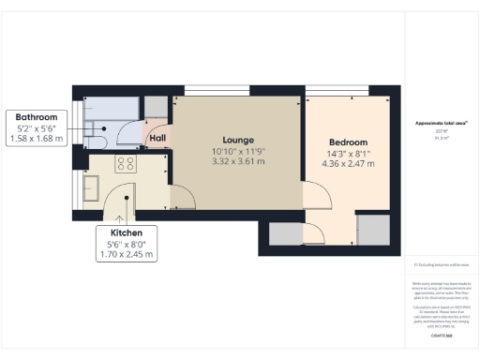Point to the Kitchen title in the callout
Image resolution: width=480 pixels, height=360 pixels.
pyautogui.click(x=127, y=232)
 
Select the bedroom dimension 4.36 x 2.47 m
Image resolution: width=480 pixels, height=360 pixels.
pyautogui.click(x=351, y=164)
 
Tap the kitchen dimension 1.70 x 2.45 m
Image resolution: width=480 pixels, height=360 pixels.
pyautogui.click(x=127, y=254)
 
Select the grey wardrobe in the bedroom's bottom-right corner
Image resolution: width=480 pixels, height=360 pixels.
pyautogui.click(x=372, y=229)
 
